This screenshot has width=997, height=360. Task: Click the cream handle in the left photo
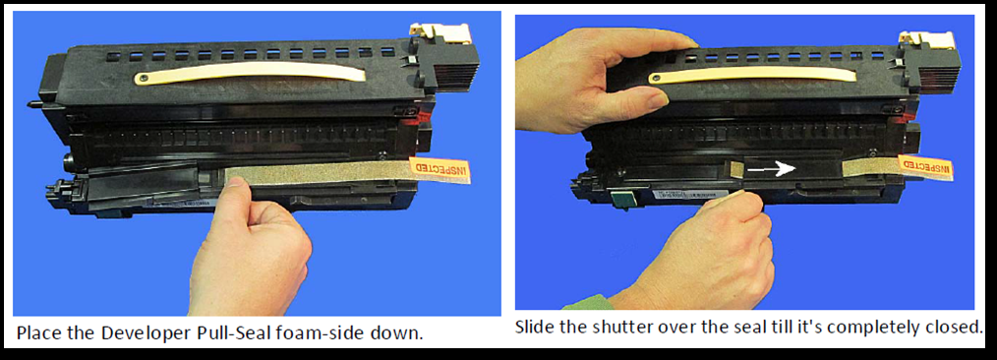(250, 74)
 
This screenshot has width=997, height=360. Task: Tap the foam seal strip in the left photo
(318, 174)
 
